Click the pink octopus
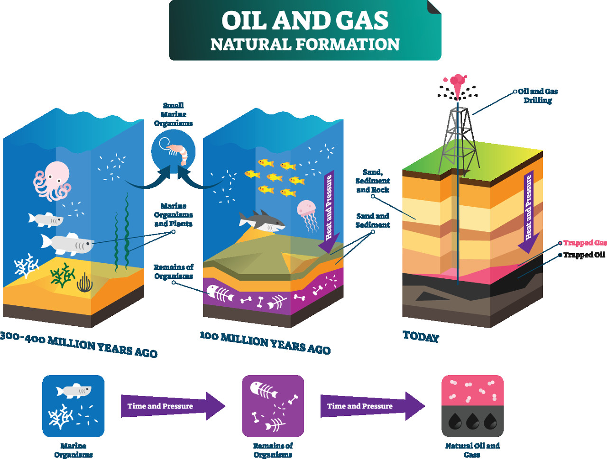click(x=52, y=180)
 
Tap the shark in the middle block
click(x=262, y=221)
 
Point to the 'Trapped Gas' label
click(x=585, y=243)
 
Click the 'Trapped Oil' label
click(x=584, y=255)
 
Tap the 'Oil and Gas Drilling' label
click(x=538, y=96)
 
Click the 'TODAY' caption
click(x=421, y=337)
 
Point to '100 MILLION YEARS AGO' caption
click(x=265, y=343)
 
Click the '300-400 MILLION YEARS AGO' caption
click(x=78, y=345)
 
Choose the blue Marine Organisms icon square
click(x=73, y=406)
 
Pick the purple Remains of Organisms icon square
click(x=273, y=406)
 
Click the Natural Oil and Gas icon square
click(x=472, y=406)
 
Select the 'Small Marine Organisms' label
click(x=173, y=114)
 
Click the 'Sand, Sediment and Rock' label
click(x=373, y=181)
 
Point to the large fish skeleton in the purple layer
click(x=220, y=294)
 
